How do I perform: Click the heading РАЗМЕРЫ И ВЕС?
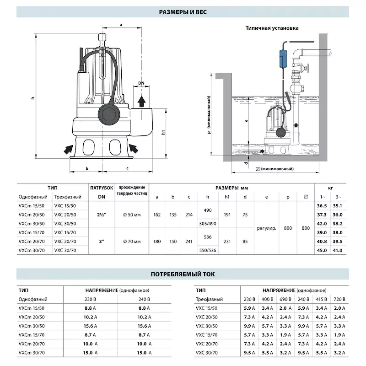click(x=183, y=12)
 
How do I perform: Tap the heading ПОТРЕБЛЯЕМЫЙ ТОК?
click(x=183, y=274)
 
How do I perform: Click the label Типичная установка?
click(x=272, y=28)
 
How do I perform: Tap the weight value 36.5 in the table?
click(x=322, y=206)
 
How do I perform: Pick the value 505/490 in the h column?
click(x=208, y=224)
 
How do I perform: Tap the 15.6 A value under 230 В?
click(x=88, y=326)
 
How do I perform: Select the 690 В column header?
click(x=286, y=299)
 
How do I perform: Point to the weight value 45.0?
click(x=322, y=250)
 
